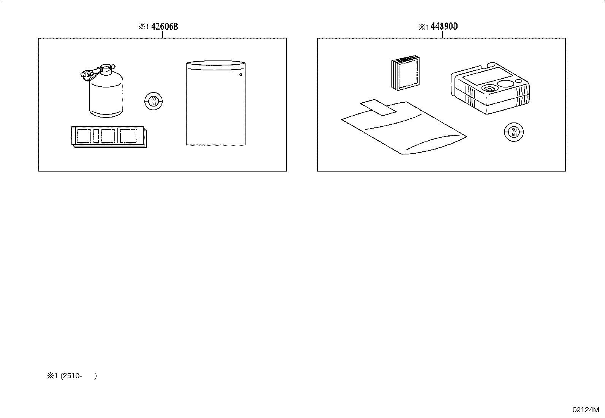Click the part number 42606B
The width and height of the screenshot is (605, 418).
165,27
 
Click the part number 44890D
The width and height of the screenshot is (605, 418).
444,27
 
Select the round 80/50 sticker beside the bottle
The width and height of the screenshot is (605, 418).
154,101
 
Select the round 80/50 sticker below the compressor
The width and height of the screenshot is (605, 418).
514,132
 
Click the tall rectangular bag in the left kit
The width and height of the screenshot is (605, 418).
215,103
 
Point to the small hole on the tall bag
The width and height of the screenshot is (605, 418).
241,74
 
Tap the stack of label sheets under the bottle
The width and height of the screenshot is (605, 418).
109,137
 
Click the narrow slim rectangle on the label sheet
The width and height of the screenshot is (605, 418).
96,136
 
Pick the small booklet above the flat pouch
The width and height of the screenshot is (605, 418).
405,73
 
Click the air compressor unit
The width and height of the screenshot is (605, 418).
490,88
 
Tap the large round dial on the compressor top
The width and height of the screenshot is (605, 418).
505,84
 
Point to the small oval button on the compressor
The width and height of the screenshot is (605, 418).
518,81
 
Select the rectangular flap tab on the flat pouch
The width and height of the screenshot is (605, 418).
378,107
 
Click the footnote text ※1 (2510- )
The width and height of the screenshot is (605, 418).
72,376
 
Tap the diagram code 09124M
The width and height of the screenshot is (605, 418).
586,410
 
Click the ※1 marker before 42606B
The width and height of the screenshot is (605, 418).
143,27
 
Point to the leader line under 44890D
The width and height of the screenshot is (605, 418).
442,35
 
